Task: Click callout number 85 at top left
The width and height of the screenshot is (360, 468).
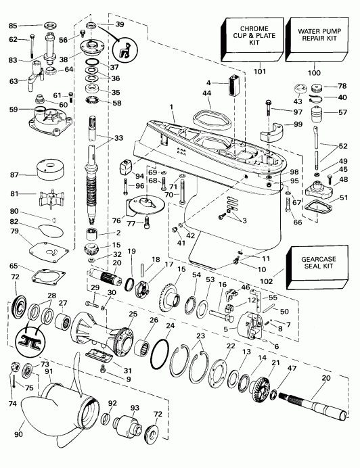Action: click(13, 26)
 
